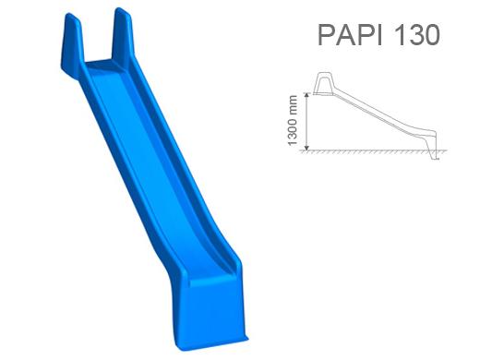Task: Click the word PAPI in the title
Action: pyautogui.click(x=350, y=34)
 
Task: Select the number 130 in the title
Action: pyautogui.click(x=416, y=34)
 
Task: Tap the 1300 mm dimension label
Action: pyautogui.click(x=293, y=120)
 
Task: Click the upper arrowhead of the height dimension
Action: pyautogui.click(x=306, y=96)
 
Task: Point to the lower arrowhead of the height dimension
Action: pyautogui.click(x=306, y=147)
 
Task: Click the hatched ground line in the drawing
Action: pyautogui.click(x=373, y=151)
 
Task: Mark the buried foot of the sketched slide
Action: pyautogui.click(x=434, y=156)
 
